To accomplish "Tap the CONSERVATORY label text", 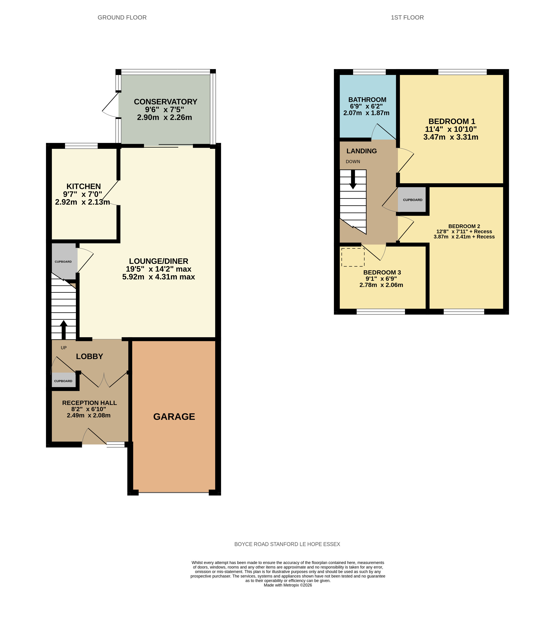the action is pyautogui.click(x=166, y=102).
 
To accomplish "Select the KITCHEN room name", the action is pyautogui.click(x=84, y=186).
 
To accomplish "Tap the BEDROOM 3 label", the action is pyautogui.click(x=382, y=272).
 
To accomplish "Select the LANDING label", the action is pyautogui.click(x=362, y=151).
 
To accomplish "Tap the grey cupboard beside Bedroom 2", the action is pyautogui.click(x=412, y=200).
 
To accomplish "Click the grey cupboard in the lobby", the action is pyautogui.click(x=63, y=380).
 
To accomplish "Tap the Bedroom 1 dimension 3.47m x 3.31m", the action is pyautogui.click(x=451, y=137).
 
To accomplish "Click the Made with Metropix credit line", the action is pyautogui.click(x=288, y=585).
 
